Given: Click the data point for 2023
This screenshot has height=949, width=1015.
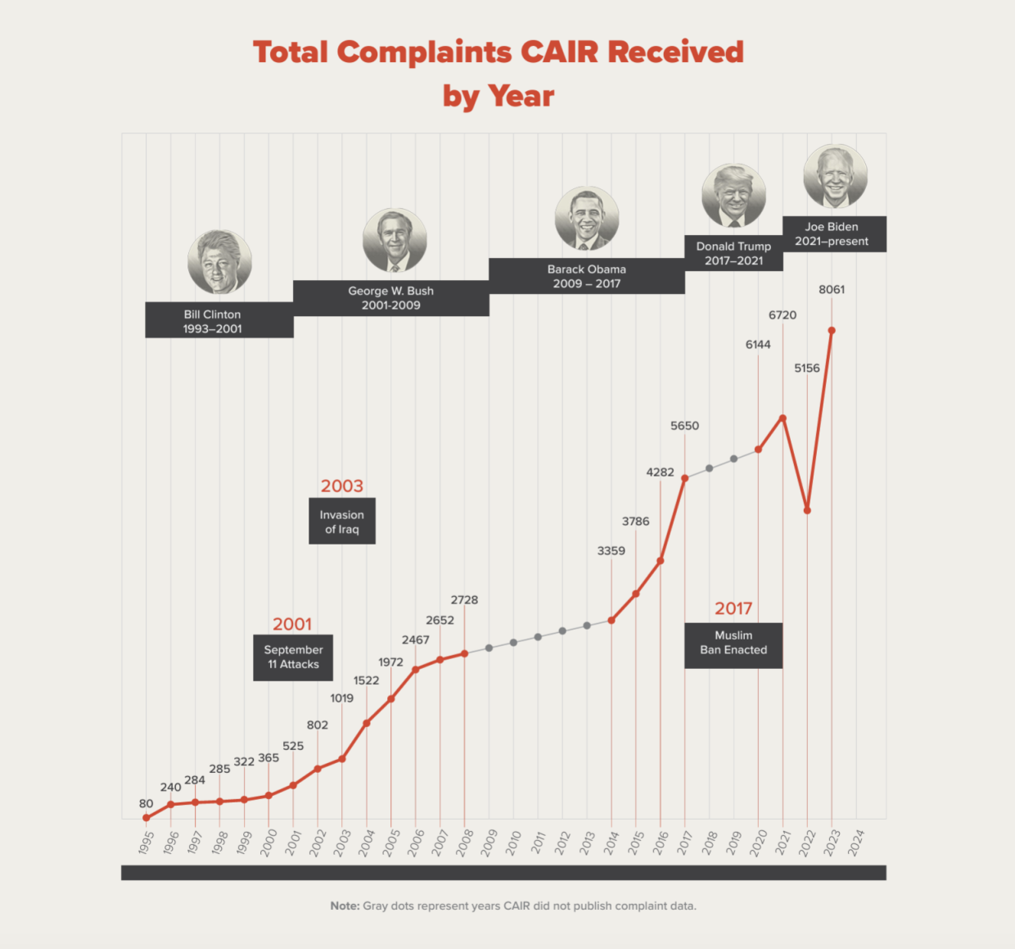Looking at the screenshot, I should (x=832, y=331).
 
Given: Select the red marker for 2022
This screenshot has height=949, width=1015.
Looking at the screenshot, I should (x=807, y=510).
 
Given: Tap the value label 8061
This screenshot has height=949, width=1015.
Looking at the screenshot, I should (x=832, y=290).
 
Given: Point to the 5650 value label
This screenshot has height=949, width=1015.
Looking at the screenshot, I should (x=684, y=426).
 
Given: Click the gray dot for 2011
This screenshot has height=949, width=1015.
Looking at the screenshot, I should (x=538, y=637).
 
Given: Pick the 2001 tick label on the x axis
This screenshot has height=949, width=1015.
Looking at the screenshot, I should (x=293, y=843).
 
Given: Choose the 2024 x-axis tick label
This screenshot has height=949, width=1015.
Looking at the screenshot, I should (x=856, y=843).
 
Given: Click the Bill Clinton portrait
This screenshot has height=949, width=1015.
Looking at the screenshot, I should (x=219, y=262).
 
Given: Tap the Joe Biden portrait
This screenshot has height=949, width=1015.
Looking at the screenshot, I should (x=835, y=176).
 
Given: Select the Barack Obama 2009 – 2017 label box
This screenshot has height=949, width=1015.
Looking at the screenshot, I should (x=587, y=277).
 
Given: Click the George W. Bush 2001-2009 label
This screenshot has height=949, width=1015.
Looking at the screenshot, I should (x=391, y=298).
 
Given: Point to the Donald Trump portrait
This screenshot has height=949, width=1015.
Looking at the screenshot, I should (x=733, y=196).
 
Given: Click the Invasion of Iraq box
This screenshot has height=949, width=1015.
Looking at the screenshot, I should (x=342, y=522).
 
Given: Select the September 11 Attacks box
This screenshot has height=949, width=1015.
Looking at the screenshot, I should (x=293, y=658).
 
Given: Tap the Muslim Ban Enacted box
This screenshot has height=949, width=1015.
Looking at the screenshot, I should (x=733, y=643).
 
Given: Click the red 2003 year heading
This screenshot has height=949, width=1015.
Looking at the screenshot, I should (x=342, y=486).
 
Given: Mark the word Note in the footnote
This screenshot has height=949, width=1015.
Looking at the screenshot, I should (x=345, y=906).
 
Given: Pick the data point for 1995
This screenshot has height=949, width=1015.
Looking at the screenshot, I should (x=147, y=818).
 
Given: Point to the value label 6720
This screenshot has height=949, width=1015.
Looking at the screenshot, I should (x=783, y=315).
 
